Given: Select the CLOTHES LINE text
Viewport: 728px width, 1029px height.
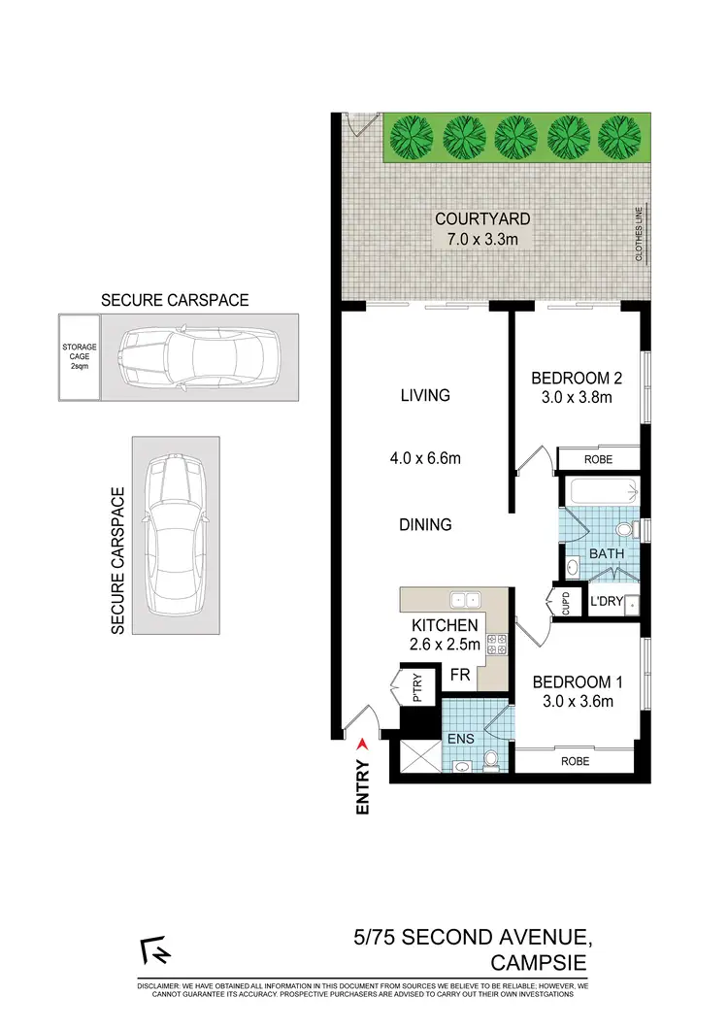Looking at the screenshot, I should click(639, 232).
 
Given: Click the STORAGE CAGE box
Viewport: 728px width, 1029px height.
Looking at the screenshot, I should click(76, 356).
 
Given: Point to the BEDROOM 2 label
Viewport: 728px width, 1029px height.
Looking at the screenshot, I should click(571, 379).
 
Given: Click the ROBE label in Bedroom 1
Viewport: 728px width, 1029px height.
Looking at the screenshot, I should click(574, 762).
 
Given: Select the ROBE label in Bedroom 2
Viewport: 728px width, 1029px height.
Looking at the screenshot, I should click(598, 459).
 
